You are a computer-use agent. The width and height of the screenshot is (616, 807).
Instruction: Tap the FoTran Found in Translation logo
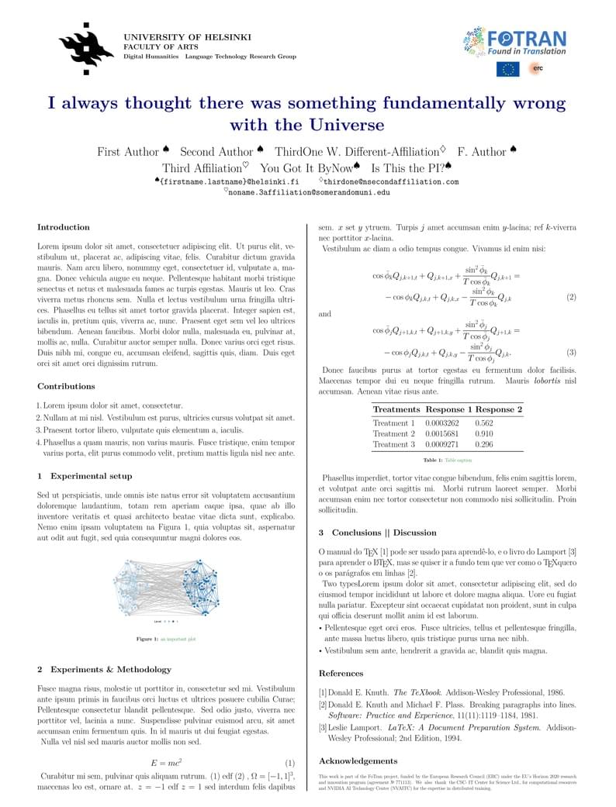pyautogui.click(x=515, y=43)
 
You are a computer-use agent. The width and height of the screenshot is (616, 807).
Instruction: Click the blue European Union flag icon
pyautogui.click(x=509, y=69)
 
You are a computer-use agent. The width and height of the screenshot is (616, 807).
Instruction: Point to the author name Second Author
pyautogui.click(x=216, y=152)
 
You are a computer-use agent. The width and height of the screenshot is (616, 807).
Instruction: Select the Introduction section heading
pyautogui.click(x=64, y=227)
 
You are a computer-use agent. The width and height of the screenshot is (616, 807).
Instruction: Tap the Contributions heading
pyautogui.click(x=66, y=386)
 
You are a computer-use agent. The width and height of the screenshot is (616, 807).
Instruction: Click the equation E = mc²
pyautogui.click(x=166, y=763)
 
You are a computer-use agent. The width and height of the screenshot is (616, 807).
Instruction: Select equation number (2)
pyautogui.click(x=571, y=297)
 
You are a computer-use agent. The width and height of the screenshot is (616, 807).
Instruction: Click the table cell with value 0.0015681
pyautogui.click(x=442, y=434)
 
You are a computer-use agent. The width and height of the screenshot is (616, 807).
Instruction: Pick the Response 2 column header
pyautogui.click(x=499, y=409)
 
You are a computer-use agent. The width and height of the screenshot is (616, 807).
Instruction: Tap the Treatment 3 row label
pyautogui.click(x=393, y=445)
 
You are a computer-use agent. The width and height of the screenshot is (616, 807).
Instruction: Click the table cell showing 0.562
pyautogui.click(x=483, y=423)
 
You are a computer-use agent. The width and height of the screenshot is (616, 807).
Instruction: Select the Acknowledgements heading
pyautogui.click(x=358, y=760)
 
